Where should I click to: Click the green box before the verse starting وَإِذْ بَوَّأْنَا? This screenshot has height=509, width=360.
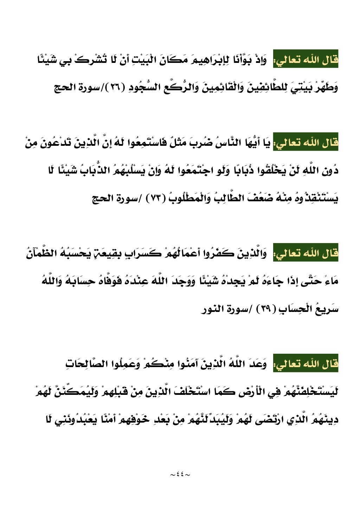click(x=306, y=59)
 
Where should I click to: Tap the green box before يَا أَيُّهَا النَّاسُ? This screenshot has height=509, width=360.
click(x=306, y=143)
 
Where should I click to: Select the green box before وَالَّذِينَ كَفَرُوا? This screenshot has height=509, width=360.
click(x=306, y=253)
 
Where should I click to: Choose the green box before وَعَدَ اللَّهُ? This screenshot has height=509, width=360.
click(x=306, y=364)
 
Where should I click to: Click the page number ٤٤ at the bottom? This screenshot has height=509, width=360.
click(x=180, y=475)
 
